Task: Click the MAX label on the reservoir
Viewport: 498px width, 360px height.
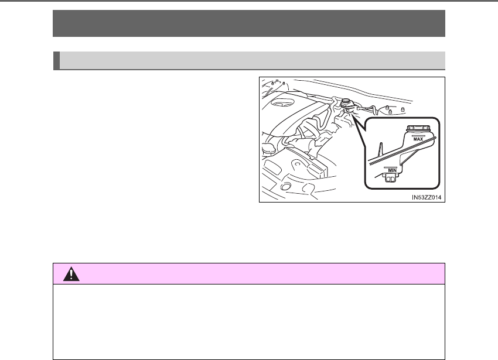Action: (x=418, y=139)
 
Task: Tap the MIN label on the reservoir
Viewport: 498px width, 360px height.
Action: (x=392, y=170)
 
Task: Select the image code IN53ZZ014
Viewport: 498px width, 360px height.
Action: (x=427, y=197)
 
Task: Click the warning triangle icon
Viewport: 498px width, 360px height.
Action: (x=71, y=273)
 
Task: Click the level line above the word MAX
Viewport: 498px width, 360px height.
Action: (x=418, y=136)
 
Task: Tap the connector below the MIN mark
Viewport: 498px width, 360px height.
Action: (x=391, y=179)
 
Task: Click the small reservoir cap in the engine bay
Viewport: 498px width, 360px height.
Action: (x=346, y=102)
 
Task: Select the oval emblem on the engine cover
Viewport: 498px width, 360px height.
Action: (x=281, y=102)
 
